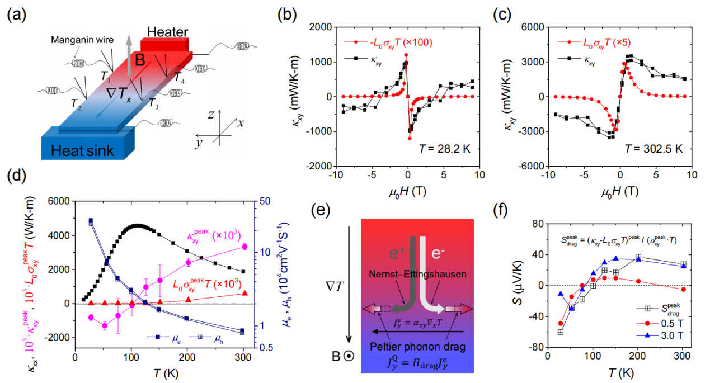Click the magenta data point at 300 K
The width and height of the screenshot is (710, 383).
pos(244,247)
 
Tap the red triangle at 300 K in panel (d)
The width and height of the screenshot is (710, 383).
pos(244,293)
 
